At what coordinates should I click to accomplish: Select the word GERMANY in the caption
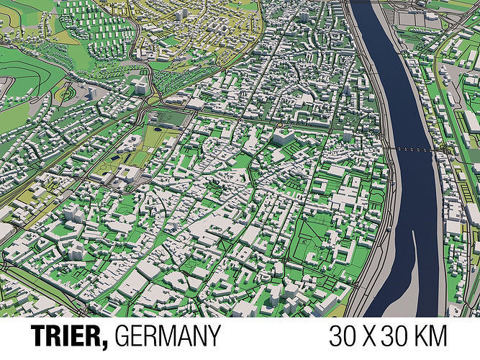167,337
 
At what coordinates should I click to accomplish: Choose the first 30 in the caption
343,337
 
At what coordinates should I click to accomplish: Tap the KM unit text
433,337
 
